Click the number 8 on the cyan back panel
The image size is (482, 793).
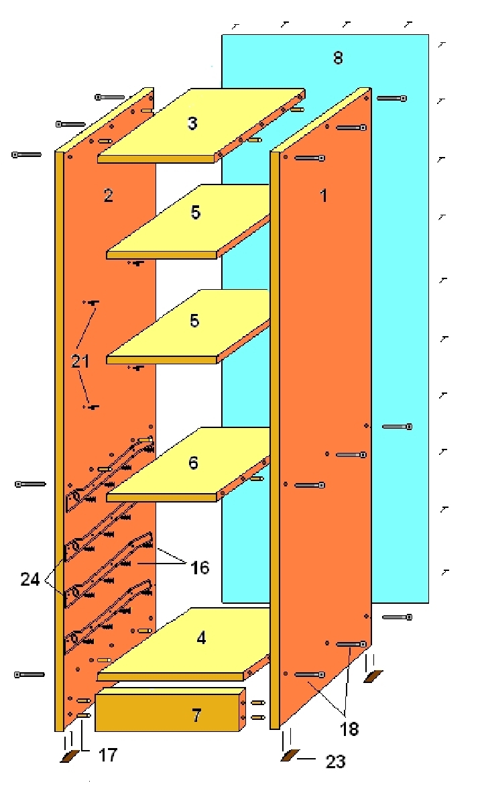click(x=338, y=58)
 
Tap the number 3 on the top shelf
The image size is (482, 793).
click(x=192, y=123)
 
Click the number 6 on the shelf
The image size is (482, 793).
click(x=193, y=462)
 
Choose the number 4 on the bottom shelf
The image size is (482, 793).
click(x=201, y=637)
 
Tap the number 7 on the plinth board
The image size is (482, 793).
click(x=196, y=716)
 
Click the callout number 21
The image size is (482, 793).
click(x=80, y=361)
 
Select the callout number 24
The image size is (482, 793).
click(x=30, y=579)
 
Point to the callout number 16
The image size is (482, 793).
click(x=200, y=568)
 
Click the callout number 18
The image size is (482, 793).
click(x=349, y=728)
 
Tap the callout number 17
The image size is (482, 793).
click(x=107, y=755)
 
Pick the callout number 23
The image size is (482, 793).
click(x=335, y=761)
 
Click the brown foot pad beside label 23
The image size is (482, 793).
click(x=290, y=756)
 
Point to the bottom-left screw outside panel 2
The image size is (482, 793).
click(x=29, y=674)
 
